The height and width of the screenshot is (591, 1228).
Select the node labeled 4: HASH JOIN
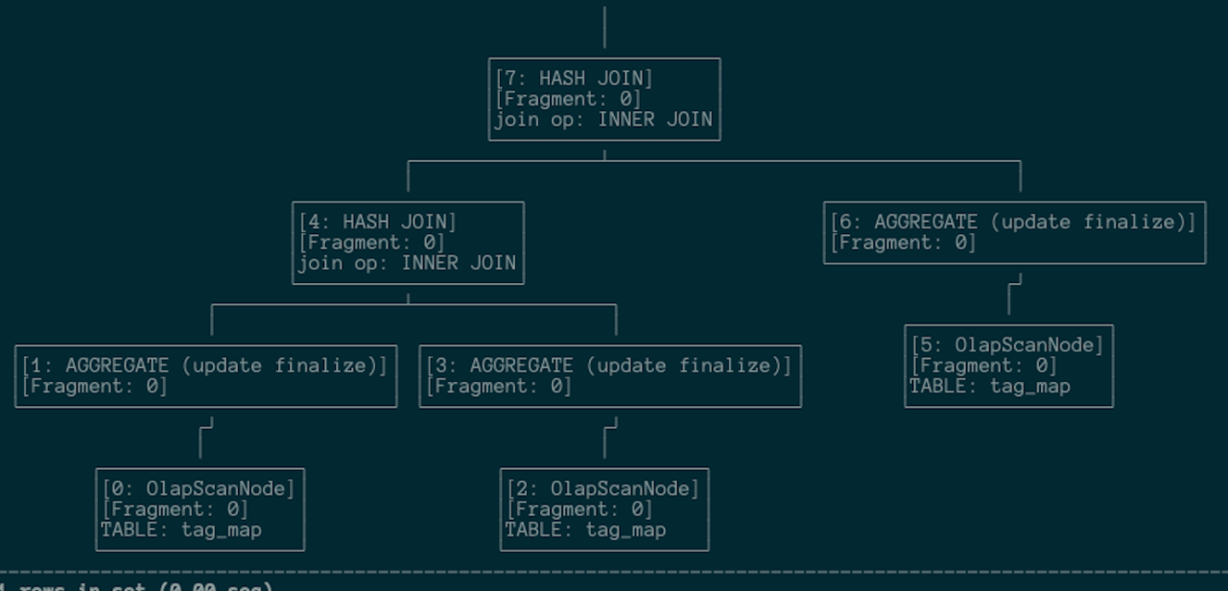tap(378, 223)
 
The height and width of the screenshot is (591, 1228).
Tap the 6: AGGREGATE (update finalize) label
tap(1013, 223)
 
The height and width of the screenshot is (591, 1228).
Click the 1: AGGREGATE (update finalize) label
tap(204, 366)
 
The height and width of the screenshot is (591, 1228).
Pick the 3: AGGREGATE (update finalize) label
tap(609, 366)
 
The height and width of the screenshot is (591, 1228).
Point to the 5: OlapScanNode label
tap(1007, 345)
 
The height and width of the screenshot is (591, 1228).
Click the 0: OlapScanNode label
tap(199, 489)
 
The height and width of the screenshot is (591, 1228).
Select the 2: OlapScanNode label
tap(603, 489)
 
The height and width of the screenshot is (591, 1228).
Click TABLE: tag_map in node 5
tap(990, 387)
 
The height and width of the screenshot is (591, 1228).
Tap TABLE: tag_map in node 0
tap(181, 530)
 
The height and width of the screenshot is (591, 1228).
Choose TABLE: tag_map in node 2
tap(586, 530)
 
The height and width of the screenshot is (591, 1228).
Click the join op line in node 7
tap(603, 120)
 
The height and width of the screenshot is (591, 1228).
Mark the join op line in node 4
tap(408, 263)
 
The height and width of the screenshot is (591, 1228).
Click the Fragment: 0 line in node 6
tap(904, 243)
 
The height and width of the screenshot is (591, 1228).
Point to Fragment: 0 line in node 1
tap(94, 387)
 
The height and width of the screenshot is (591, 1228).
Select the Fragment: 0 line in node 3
tap(499, 387)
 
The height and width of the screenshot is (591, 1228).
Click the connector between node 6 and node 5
tap(1009, 297)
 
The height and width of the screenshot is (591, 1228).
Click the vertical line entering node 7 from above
tap(604, 27)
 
